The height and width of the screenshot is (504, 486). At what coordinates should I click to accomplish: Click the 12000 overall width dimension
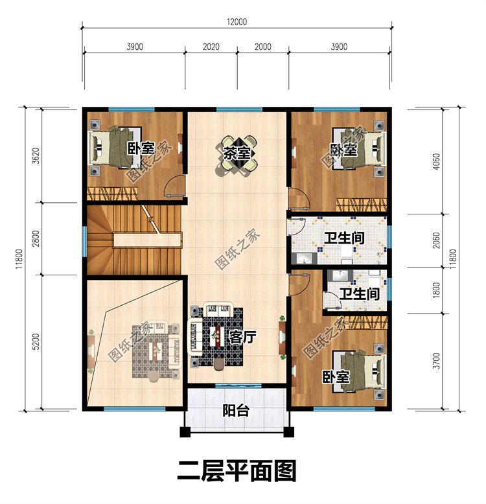tap(237, 21)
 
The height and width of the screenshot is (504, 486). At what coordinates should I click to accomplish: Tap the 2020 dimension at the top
tap(211, 47)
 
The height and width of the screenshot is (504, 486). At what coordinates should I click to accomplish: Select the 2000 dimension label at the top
tap(263, 47)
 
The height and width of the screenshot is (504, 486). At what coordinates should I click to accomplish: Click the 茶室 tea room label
tap(237, 154)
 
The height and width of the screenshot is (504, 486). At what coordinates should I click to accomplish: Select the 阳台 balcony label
tap(233, 411)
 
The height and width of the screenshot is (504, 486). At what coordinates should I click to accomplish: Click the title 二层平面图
tap(237, 469)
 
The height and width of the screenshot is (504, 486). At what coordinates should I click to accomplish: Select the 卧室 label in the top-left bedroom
tap(140, 149)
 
